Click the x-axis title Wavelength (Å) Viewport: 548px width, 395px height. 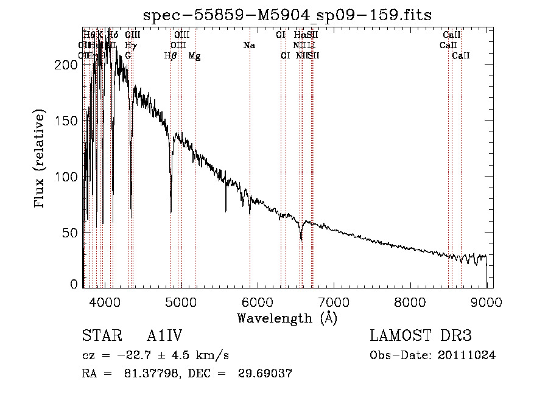tap(287, 318)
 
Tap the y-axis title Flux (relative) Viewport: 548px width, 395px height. tap(41, 159)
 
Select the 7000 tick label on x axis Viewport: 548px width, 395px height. tap(333, 301)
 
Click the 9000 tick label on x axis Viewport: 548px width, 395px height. tap(486, 301)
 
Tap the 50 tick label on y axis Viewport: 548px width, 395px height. tap(71, 232)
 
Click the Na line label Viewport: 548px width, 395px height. tap(248, 46)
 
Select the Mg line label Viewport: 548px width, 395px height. tap(194, 56)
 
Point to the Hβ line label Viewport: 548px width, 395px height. tap(170, 56)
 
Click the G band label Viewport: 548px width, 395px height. tap(128, 56)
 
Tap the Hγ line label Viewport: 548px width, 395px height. tap(130, 46)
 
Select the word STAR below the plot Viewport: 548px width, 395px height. tap(100, 336)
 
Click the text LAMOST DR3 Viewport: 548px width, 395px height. tap(421, 336)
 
